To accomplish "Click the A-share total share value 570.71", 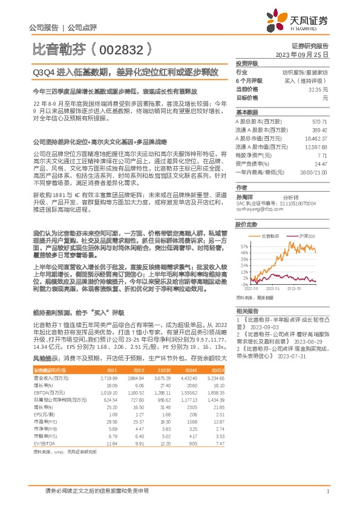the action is click(x=319, y=122).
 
